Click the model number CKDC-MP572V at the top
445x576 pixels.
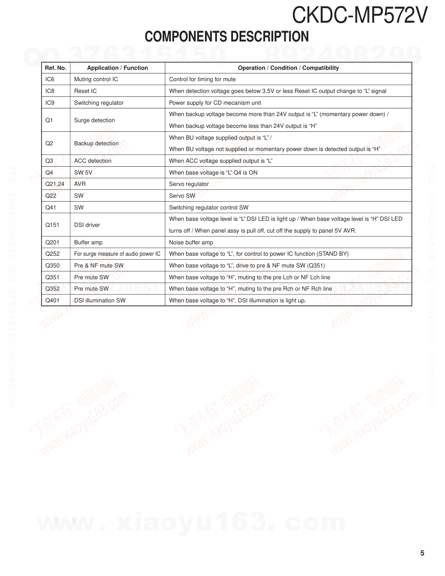click(359, 16)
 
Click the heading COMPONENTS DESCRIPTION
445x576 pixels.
click(226, 37)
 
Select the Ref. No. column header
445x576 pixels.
click(56, 68)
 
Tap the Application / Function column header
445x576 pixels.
click(117, 68)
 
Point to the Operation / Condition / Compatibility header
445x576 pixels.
click(288, 68)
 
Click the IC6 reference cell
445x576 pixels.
click(50, 79)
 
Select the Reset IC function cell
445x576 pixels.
click(86, 91)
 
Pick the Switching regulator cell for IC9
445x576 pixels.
click(99, 103)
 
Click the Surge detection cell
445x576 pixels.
click(94, 120)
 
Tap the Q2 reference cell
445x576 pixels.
click(49, 143)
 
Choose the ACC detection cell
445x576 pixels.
click(92, 161)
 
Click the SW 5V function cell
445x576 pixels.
click(83, 172)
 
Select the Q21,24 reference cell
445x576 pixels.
click(55, 184)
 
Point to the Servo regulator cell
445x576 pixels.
click(189, 184)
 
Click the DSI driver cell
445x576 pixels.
click(87, 225)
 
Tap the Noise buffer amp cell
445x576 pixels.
click(191, 242)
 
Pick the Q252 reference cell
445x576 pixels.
click(52, 254)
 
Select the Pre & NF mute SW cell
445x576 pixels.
click(99, 265)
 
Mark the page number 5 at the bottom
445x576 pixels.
click(422, 553)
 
